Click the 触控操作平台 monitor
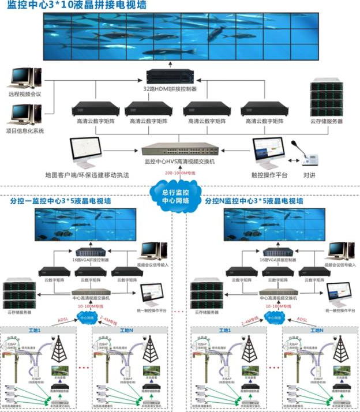tap(268, 151)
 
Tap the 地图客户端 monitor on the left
tap(85, 151)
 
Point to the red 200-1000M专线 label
tap(180, 173)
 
